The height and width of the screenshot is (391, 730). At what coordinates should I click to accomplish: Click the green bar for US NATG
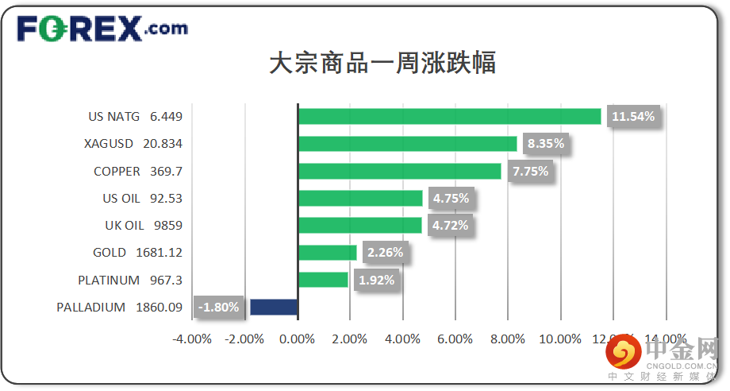[449, 117]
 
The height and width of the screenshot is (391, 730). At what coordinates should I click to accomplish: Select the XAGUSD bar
[407, 144]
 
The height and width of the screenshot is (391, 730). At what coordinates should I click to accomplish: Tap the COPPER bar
[399, 171]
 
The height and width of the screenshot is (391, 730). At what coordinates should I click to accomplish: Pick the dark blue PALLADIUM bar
[274, 307]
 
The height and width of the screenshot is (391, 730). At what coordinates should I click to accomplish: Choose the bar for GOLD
[327, 253]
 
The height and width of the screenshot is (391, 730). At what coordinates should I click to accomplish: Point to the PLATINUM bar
[323, 280]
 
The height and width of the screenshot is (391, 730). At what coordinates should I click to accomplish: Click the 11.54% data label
[633, 117]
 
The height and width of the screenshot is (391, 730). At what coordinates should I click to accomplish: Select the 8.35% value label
[544, 144]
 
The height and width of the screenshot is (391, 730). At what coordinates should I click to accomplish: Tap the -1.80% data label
[218, 307]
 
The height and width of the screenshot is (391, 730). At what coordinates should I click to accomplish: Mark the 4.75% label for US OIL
[451, 198]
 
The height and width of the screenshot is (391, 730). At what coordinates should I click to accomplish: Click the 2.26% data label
[385, 253]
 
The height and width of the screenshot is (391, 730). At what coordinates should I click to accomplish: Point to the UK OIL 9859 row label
[144, 226]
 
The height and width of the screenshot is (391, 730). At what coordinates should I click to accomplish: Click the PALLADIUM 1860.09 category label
[120, 307]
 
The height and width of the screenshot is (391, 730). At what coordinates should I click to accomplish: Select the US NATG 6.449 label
[136, 117]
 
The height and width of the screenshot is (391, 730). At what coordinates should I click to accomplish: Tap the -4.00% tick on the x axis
[192, 339]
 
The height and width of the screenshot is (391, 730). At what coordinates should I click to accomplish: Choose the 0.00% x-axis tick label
[298, 339]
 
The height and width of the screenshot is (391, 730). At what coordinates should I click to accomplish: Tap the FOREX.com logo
[102, 30]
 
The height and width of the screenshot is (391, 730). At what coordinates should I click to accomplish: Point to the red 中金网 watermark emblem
[624, 350]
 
